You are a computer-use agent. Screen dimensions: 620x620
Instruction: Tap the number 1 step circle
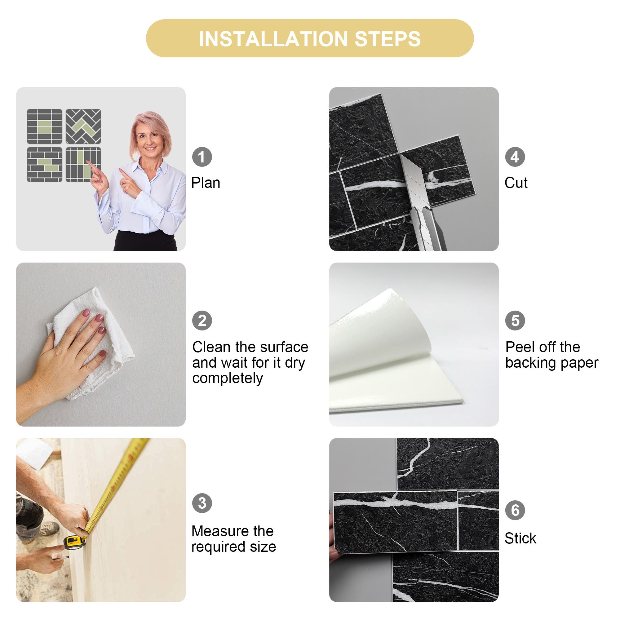click(202, 157)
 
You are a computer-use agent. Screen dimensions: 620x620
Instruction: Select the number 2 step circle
click(202, 320)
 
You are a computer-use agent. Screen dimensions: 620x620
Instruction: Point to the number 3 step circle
click(202, 503)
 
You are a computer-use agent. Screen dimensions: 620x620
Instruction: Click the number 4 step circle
click(515, 157)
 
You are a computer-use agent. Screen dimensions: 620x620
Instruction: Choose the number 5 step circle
click(515, 320)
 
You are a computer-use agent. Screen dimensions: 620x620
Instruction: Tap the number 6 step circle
click(515, 510)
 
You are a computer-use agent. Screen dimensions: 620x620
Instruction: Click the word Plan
click(206, 183)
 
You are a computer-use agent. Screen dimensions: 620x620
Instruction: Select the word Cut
click(516, 183)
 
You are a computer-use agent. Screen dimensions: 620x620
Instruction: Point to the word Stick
click(520, 538)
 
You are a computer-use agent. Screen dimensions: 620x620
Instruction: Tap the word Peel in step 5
click(517, 347)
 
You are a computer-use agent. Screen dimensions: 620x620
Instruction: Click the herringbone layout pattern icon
click(83, 126)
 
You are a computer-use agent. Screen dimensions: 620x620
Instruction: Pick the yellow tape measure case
click(74, 542)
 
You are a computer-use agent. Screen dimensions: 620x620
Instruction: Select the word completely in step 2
click(227, 378)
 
